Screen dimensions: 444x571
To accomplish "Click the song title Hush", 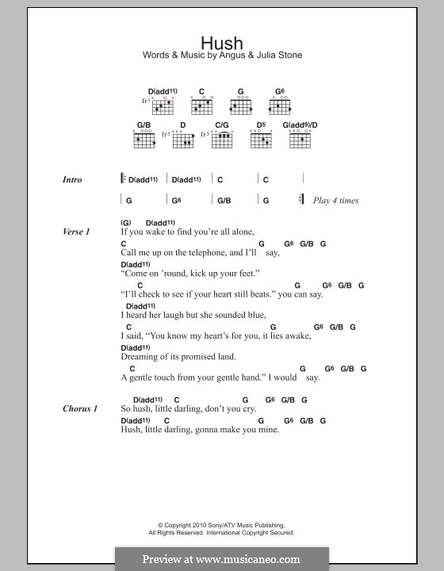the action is point(221,44).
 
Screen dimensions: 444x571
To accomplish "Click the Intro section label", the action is point(72,180).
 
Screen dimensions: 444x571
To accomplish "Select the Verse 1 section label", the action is point(76,232).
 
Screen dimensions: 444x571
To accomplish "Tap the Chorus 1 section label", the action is point(80,408).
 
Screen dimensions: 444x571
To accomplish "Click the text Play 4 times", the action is point(335,201).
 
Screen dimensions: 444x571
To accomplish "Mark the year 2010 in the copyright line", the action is point(195,525).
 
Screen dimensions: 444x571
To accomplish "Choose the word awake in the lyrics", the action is point(297,335).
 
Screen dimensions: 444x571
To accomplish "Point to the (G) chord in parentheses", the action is point(125,223).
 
